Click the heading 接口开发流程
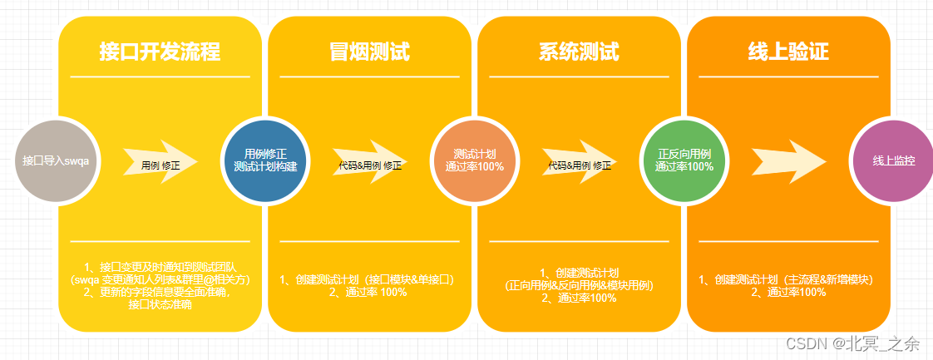[160, 52]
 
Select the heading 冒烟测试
[369, 52]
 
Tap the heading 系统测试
[579, 52]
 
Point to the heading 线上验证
[788, 52]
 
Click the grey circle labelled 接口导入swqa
[57, 160]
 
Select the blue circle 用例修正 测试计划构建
[265, 160]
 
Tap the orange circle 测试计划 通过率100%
[474, 160]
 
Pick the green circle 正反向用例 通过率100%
[684, 160]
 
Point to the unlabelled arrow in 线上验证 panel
[788, 158]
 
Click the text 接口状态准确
[160, 304]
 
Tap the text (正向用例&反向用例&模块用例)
[580, 285]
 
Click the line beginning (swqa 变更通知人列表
[160, 279]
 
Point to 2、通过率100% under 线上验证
[788, 292]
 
